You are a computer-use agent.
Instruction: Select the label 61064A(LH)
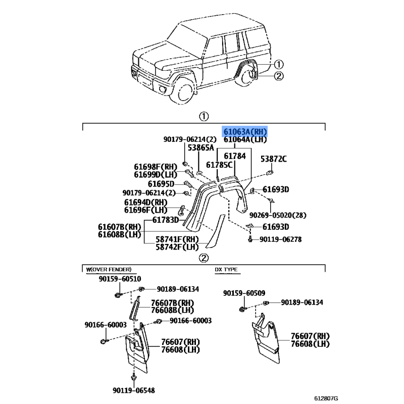click(245, 139)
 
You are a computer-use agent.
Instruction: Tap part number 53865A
click(201, 148)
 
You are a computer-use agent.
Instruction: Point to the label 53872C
click(273, 159)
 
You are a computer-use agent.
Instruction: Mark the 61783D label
click(166, 220)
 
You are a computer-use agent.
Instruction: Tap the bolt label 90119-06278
click(281, 239)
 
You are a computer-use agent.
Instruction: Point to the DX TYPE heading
click(226, 270)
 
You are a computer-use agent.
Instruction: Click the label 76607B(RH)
click(173, 302)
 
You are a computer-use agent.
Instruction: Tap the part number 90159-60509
click(244, 293)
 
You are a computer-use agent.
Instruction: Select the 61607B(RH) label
click(120, 227)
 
